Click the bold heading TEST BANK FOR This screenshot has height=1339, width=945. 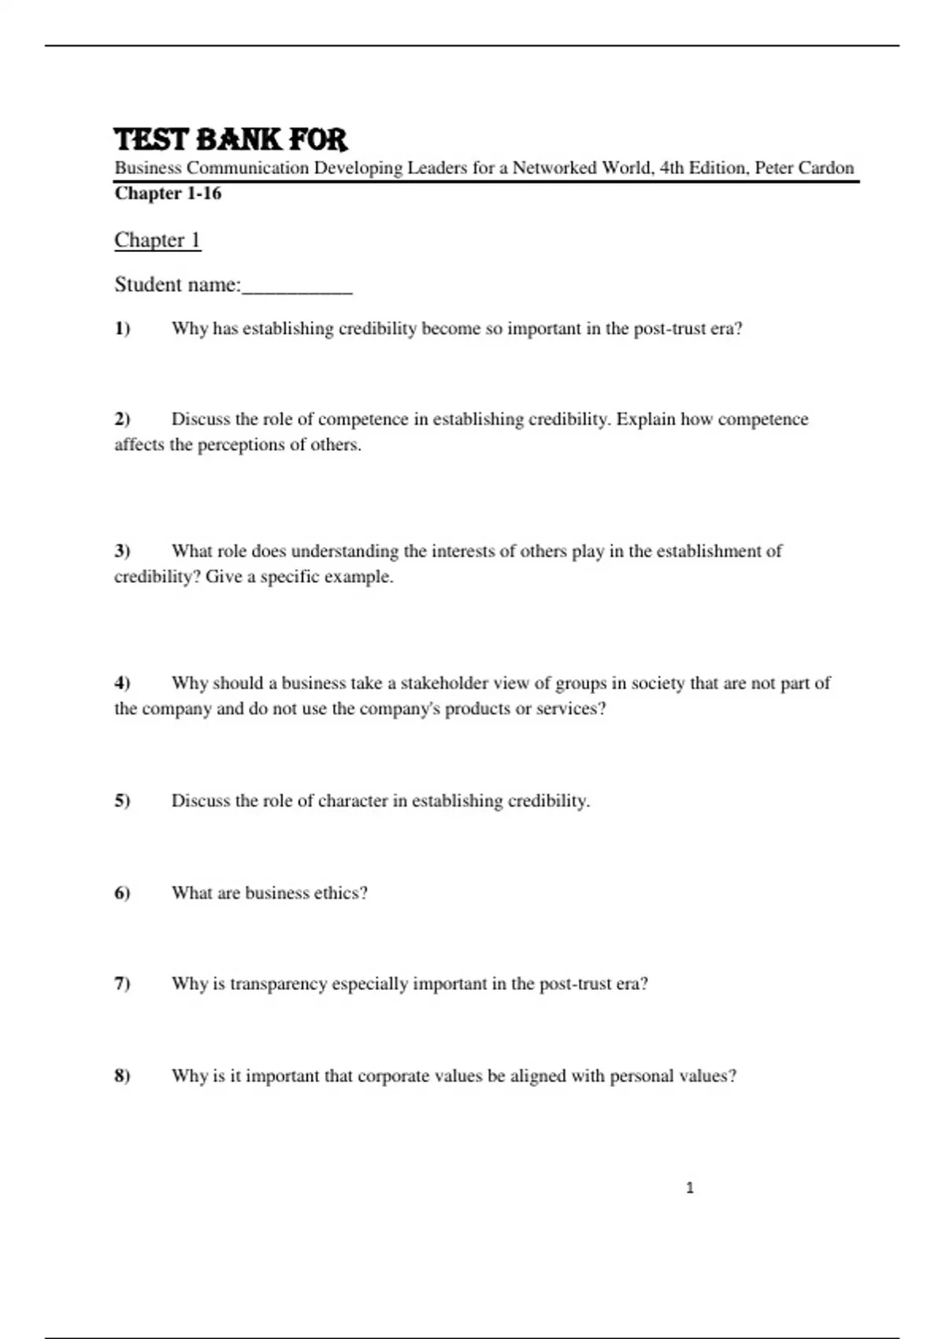[x=230, y=139]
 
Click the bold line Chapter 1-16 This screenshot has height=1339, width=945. [x=168, y=193]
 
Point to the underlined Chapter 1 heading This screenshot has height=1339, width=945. [x=157, y=239]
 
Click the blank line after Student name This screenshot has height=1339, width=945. [x=297, y=286]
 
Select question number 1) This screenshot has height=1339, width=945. [x=122, y=328]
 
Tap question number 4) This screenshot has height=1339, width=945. [x=122, y=683]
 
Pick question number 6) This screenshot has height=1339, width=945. [x=122, y=893]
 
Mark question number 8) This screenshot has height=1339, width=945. [x=122, y=1076]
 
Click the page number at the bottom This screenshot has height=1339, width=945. [x=690, y=1188]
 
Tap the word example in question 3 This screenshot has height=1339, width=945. [x=358, y=577]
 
